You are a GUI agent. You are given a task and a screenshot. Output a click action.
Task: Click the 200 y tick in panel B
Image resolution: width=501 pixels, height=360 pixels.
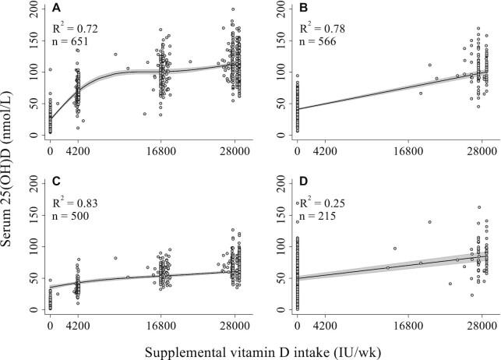tap(284, 9)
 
